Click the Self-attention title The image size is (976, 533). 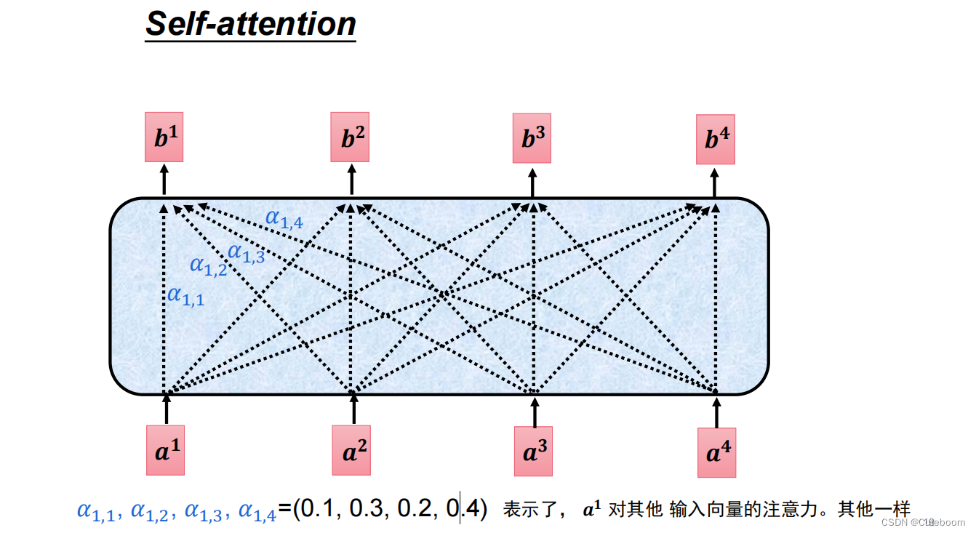[251, 24]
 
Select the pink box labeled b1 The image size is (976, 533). [164, 137]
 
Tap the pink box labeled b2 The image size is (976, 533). [350, 137]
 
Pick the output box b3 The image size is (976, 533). [532, 138]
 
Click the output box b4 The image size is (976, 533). [716, 139]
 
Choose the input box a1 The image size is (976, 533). [165, 450]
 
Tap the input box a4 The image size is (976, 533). [716, 452]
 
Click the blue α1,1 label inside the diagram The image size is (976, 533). [185, 295]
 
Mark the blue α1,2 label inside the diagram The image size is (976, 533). [208, 265]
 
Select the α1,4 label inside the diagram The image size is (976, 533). [284, 217]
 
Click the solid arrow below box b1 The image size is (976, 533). [164, 179]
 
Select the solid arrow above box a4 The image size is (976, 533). [716, 412]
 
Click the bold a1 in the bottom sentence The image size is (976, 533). [593, 510]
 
